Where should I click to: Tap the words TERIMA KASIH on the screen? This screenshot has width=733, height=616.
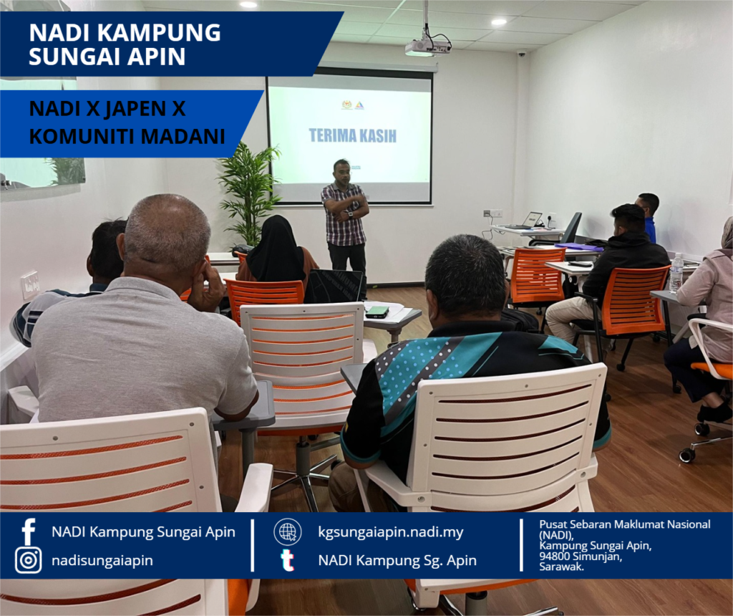[x=352, y=135]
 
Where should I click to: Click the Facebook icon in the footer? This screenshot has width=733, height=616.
[x=29, y=531]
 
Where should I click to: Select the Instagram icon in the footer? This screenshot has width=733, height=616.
[x=29, y=560]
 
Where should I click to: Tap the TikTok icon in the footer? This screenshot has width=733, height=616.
[x=287, y=560]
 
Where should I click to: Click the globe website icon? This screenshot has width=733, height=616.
[x=288, y=531]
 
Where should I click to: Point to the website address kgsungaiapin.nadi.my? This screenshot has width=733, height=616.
[x=391, y=531]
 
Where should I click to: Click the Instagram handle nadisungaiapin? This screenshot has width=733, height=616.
[x=102, y=560]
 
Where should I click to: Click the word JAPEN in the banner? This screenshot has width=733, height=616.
[x=135, y=108]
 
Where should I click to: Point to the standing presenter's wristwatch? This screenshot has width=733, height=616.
[x=349, y=215]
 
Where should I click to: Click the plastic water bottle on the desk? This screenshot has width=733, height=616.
[x=676, y=273]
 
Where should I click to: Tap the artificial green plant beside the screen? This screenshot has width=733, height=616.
[x=248, y=195]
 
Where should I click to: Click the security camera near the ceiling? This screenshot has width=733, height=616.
[x=522, y=54]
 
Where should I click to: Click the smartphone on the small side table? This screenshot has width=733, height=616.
[x=377, y=312]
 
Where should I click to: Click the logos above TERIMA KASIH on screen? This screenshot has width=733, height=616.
[x=352, y=105]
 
